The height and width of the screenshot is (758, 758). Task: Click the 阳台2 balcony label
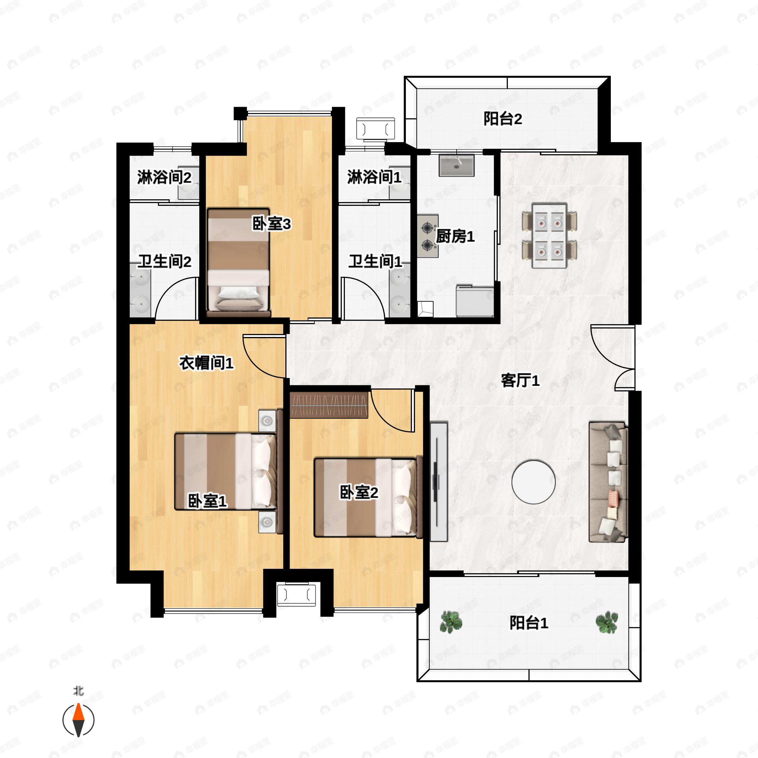coord(502,118)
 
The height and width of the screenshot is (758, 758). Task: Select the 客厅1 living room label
coord(520,380)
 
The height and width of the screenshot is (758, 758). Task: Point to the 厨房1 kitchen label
coord(455,236)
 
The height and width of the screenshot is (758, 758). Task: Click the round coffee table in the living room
coord(533,481)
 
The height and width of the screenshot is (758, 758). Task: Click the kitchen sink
coord(456,165)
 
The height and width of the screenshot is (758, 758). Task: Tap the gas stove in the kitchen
coord(428,236)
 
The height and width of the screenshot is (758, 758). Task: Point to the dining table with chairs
coord(549,236)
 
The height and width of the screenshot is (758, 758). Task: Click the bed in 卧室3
coord(238,262)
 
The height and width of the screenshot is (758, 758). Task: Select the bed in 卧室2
coord(368,497)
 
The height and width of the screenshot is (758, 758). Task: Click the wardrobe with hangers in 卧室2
coord(329,404)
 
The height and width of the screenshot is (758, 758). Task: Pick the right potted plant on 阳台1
coord(606,622)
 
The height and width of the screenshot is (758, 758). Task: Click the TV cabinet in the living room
coord(439,482)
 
